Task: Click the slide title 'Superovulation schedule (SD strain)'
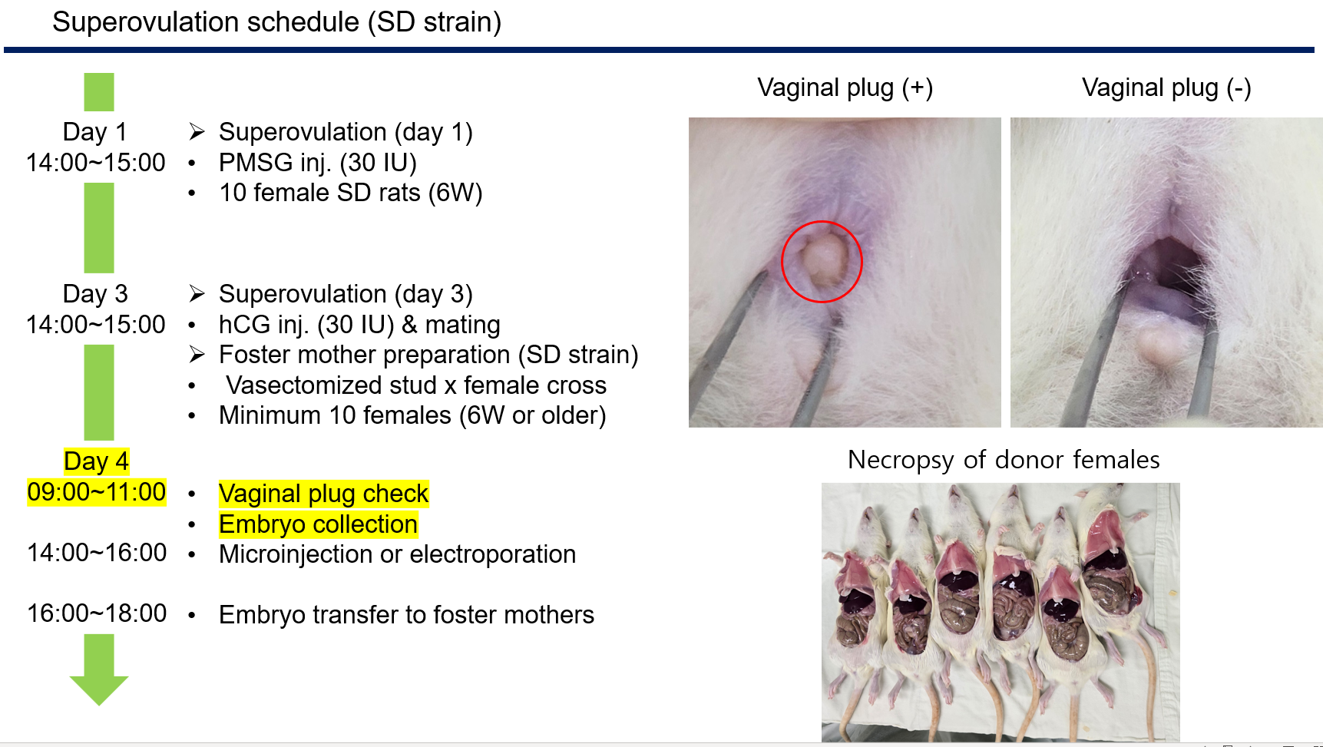click(x=276, y=22)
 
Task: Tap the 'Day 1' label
click(x=94, y=132)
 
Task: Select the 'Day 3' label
click(x=95, y=294)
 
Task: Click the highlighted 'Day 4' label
click(x=96, y=461)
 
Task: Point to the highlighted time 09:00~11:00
click(x=97, y=492)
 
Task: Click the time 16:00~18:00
click(x=97, y=613)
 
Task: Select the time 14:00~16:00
click(x=97, y=553)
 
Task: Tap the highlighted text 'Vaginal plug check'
click(x=323, y=494)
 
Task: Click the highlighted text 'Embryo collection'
click(x=318, y=524)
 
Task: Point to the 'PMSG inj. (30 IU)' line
click(x=318, y=163)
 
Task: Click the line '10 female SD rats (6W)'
click(x=351, y=193)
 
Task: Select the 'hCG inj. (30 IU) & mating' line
click(x=359, y=325)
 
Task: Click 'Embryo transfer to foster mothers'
click(x=406, y=615)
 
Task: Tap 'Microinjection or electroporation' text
click(x=397, y=554)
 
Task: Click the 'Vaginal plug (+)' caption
click(x=845, y=88)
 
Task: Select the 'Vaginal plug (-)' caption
click(x=1166, y=88)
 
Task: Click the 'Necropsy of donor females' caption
click(x=1004, y=460)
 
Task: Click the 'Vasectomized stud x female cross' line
click(x=416, y=385)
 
